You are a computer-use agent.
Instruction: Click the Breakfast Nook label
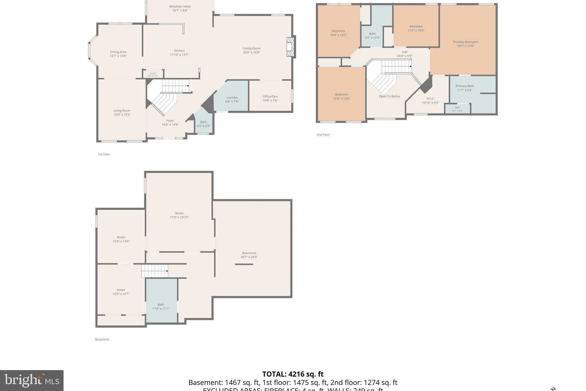pyautogui.click(x=180, y=7)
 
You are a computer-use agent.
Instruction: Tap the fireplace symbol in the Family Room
pyautogui.click(x=290, y=46)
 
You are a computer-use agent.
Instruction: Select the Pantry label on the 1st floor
pyautogui.click(x=153, y=74)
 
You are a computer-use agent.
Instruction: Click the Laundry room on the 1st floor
pyautogui.click(x=232, y=98)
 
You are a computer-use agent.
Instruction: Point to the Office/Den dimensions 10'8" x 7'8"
pyautogui.click(x=270, y=101)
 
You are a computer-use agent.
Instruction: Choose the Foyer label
pyautogui.click(x=170, y=121)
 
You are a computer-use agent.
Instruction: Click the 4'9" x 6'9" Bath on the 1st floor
pyautogui.click(x=203, y=124)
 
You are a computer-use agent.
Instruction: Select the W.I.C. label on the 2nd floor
pyautogui.click(x=430, y=99)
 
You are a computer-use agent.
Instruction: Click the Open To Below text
pyautogui.click(x=389, y=96)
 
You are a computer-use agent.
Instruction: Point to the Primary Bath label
pyautogui.click(x=464, y=86)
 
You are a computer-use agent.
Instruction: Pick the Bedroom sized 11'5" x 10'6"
pyautogui.click(x=416, y=28)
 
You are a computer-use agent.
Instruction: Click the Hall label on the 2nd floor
pyautogui.click(x=404, y=52)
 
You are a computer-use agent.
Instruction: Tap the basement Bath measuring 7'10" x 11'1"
pyautogui.click(x=161, y=306)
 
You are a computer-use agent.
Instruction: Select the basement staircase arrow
pyautogui.click(x=167, y=271)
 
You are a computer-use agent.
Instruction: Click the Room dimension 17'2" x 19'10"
pyautogui.click(x=179, y=217)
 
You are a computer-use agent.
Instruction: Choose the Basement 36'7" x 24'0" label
pyautogui.click(x=249, y=255)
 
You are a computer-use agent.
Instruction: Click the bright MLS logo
pyautogui.click(x=31, y=380)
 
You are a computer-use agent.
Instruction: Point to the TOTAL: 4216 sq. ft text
pyautogui.click(x=293, y=374)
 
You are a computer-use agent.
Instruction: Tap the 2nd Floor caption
pyautogui.click(x=323, y=135)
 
